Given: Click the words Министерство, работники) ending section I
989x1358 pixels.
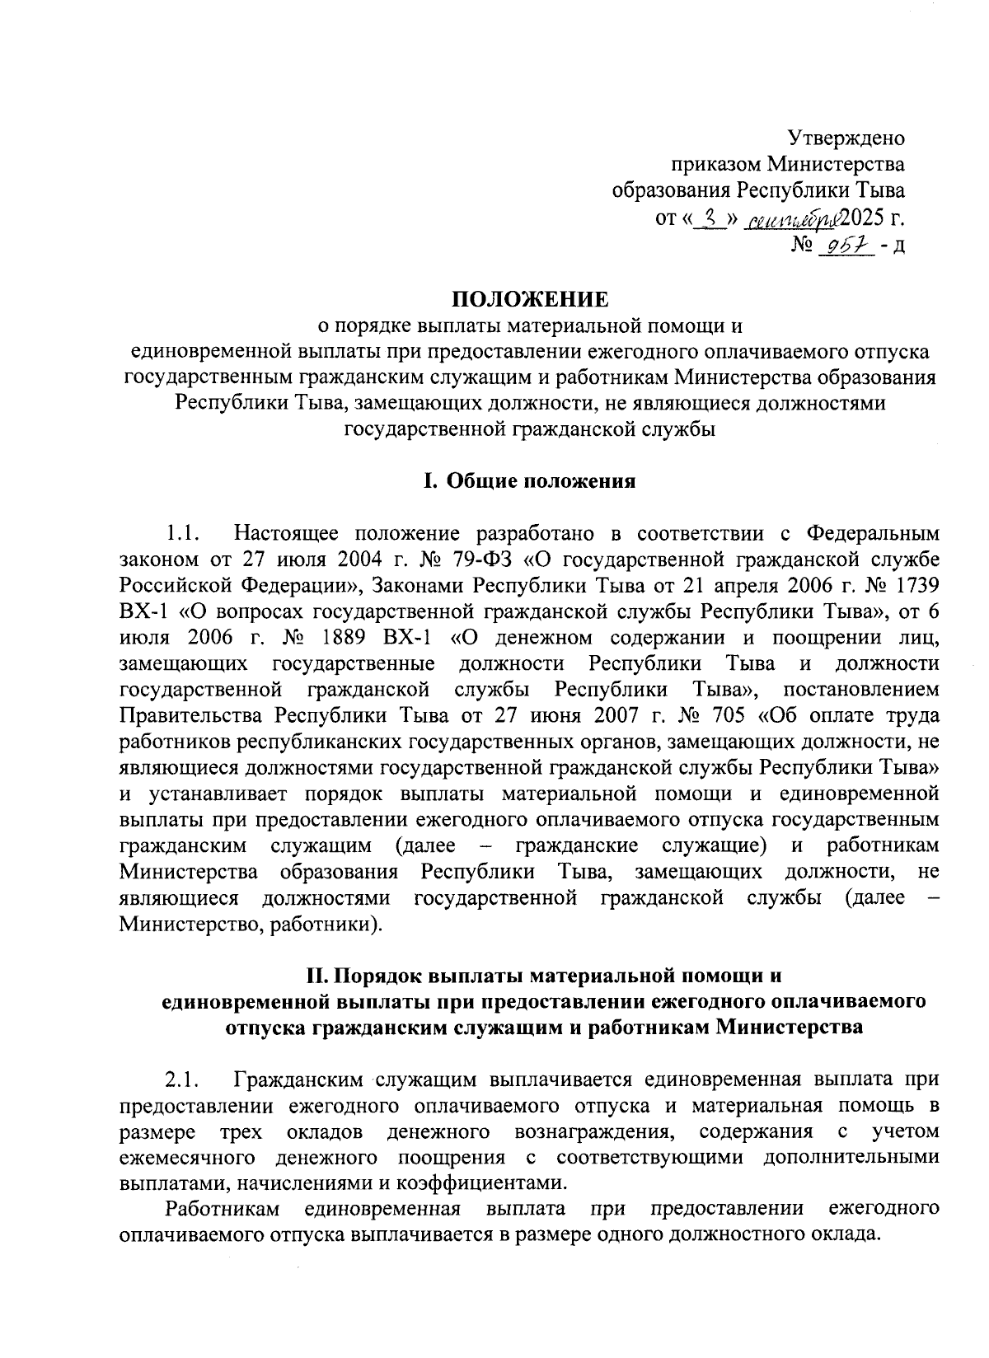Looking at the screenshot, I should tap(251, 925).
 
